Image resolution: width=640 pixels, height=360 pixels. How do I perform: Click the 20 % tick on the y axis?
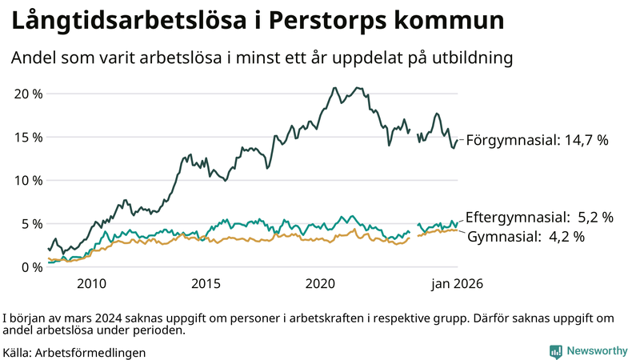[x=28, y=93]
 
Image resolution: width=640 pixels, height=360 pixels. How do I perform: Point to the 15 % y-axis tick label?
[x=28, y=137]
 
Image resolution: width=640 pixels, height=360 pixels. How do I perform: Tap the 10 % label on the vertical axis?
[x=28, y=180]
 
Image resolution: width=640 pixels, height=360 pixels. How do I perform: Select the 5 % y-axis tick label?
[x=31, y=223]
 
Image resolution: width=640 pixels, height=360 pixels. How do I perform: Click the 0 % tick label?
[x=31, y=266]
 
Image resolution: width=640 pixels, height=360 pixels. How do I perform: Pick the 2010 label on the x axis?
[x=91, y=284]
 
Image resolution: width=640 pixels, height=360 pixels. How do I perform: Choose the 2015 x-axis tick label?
[x=206, y=284]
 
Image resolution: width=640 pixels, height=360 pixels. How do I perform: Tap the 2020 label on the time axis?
[x=320, y=284]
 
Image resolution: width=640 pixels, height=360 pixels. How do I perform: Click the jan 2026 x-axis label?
[x=456, y=284]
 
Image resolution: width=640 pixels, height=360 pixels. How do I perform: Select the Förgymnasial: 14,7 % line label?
[x=537, y=140]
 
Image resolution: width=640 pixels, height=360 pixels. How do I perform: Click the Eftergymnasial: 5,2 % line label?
[x=539, y=217]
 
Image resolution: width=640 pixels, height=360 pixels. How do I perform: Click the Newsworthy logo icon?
[x=554, y=351]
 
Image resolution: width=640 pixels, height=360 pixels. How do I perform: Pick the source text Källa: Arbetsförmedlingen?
[x=74, y=352]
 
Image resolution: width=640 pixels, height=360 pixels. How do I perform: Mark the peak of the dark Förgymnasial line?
[x=334, y=87]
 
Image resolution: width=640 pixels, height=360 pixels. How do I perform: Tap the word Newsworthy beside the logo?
[x=597, y=351]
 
